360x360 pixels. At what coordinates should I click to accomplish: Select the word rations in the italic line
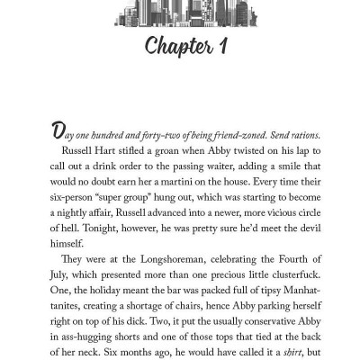click(x=287, y=134)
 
